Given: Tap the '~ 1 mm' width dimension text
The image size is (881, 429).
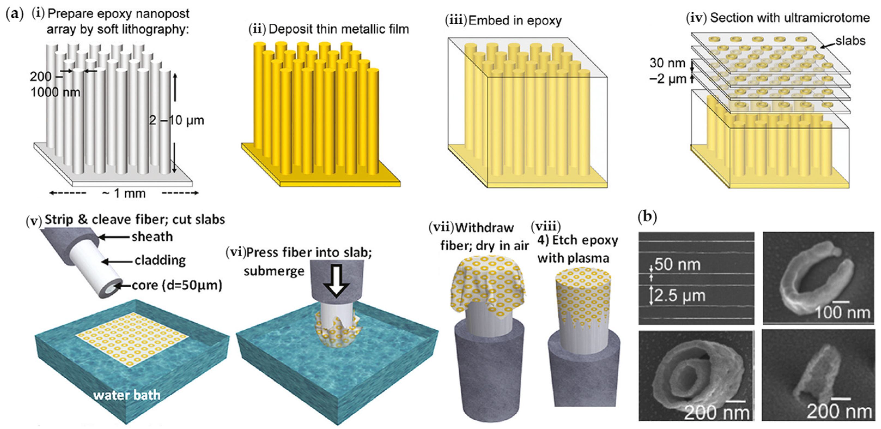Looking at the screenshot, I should pos(124,194).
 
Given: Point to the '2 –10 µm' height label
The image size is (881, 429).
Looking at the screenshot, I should pos(177,120).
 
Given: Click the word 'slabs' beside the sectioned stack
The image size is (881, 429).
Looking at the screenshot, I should pos(850,41).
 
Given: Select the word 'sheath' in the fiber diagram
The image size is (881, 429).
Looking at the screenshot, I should pos(152,237).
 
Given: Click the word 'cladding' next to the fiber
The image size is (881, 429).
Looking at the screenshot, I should pos(160,261).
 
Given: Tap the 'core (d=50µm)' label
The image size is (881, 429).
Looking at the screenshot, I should pos(177,285).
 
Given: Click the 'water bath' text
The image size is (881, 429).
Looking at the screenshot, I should pos(127,395).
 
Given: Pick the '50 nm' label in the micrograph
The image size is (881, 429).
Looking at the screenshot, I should pos(678,264).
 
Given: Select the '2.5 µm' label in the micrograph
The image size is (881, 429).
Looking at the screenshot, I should pos(680,295).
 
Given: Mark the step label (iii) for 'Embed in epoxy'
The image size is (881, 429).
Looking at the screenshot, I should pos(455,20).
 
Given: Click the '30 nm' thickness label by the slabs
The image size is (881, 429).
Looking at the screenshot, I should pos(667,63).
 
